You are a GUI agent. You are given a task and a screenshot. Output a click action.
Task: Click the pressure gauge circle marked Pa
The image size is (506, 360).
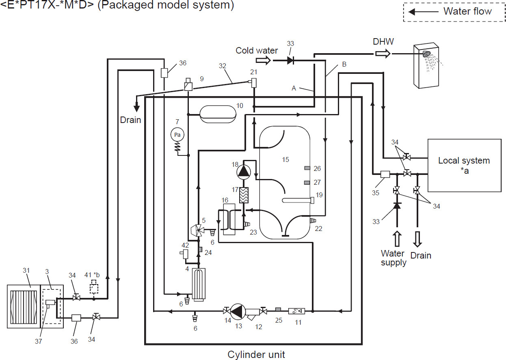pos(177,134)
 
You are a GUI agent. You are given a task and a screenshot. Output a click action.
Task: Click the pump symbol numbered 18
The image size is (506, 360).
pos(244,171)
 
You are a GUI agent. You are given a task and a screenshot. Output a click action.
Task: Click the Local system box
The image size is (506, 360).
pos(464,165)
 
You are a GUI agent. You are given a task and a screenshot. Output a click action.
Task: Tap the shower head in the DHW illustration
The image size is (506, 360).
pos(426,54)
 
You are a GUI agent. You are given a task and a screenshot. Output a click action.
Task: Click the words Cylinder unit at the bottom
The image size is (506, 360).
pos(256,354)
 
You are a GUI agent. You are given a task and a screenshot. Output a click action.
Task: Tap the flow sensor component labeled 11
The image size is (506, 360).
pos(296,311)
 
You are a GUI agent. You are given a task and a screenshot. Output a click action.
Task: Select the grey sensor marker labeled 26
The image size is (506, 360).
pos(307,168)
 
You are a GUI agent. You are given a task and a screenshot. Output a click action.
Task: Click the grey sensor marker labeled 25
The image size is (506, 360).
pos(278,309)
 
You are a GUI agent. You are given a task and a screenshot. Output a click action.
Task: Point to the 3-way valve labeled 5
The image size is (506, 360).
pos(198,230)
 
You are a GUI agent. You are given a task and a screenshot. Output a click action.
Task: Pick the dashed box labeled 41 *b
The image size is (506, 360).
pos(94,287)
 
